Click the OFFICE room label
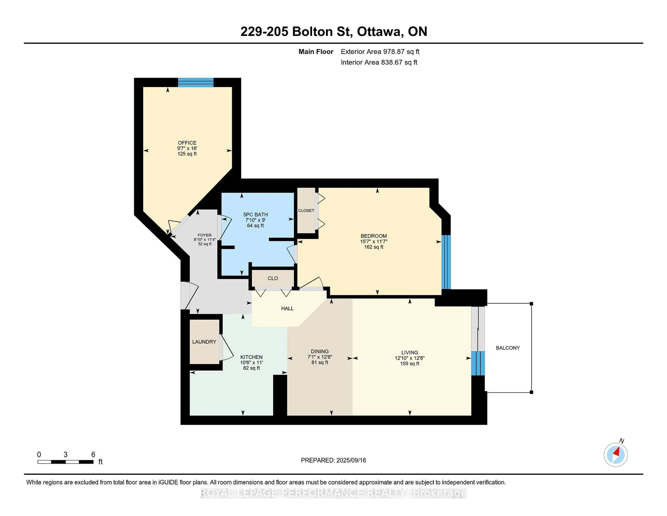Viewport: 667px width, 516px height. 187,143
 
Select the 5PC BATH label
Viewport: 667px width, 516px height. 255,215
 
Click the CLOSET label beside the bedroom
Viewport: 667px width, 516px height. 306,211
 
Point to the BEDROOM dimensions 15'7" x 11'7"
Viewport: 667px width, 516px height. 373,241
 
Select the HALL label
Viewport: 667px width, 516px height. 287,308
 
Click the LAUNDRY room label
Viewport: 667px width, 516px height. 204,342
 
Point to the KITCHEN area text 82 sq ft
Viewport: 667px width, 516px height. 251,368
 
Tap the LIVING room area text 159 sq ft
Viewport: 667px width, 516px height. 410,364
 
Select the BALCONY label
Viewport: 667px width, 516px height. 508,348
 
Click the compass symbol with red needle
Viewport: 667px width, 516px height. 615,455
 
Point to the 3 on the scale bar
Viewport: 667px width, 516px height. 65,455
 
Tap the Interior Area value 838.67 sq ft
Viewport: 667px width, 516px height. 399,62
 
